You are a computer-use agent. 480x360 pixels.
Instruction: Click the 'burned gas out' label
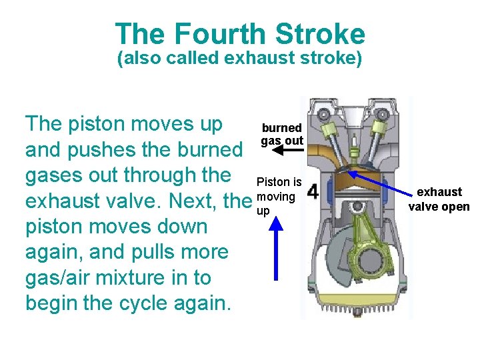282,134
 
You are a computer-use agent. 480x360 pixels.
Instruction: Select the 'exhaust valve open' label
439,199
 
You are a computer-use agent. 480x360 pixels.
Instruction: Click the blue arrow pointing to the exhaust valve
380,183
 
